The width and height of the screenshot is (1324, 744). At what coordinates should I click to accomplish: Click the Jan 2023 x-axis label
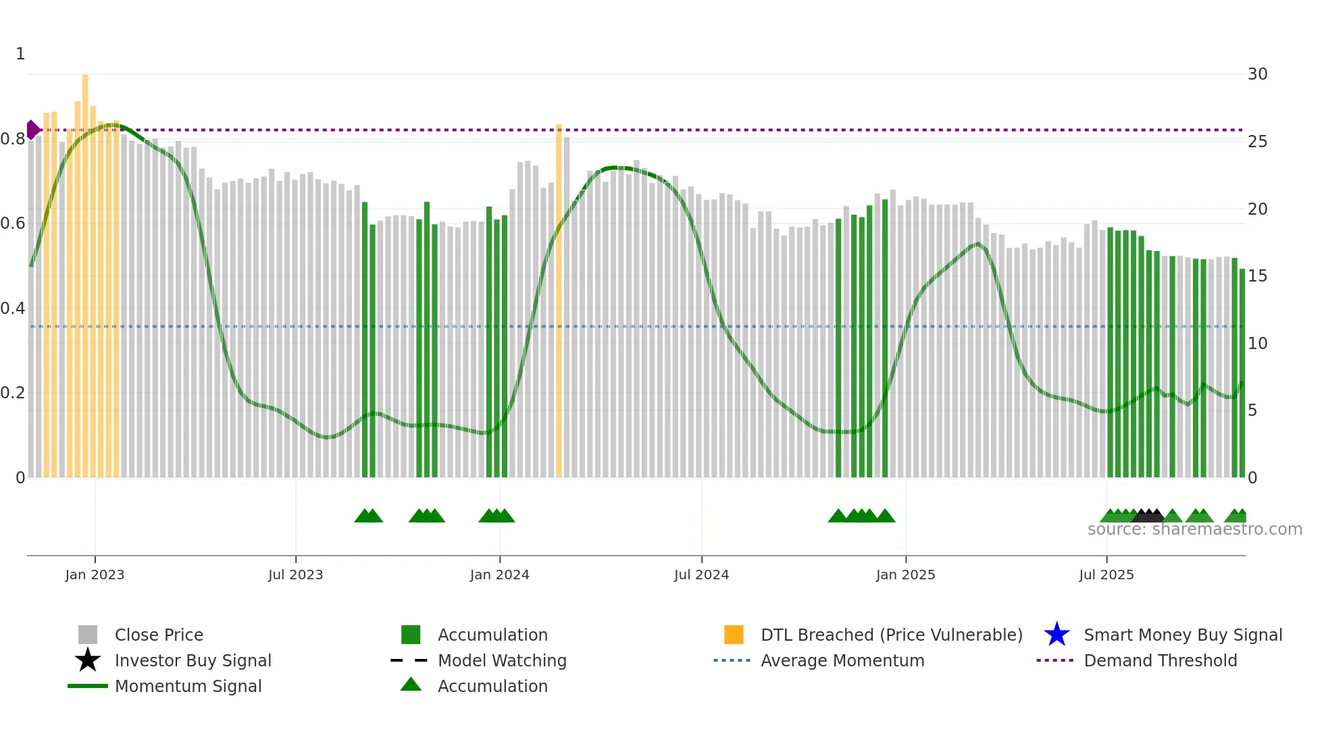click(x=95, y=575)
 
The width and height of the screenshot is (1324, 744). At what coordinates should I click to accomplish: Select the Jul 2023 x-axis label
click(x=295, y=575)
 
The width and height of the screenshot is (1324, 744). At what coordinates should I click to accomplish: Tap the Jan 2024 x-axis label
click(x=499, y=575)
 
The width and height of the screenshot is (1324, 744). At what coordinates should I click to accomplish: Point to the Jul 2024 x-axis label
click(x=701, y=575)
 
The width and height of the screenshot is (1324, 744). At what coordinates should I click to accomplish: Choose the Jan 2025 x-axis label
click(x=905, y=575)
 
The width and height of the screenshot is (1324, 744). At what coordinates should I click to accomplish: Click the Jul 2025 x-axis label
click(x=1106, y=575)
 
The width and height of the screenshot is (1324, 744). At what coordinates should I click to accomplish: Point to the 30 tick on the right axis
click(x=1257, y=74)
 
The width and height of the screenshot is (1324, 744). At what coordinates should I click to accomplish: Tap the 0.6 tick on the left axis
click(x=13, y=223)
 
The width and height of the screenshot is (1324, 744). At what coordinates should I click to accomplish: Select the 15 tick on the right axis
click(x=1257, y=276)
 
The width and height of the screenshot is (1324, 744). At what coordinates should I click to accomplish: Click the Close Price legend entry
click(x=159, y=635)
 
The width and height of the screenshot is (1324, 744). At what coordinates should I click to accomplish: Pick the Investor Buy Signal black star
click(x=88, y=660)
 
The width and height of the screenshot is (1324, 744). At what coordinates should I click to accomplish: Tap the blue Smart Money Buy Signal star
click(x=1056, y=635)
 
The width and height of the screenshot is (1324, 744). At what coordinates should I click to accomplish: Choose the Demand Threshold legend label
click(x=1160, y=660)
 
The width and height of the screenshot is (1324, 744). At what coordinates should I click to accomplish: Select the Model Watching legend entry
click(x=502, y=660)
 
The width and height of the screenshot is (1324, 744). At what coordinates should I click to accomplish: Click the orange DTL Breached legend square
click(x=734, y=635)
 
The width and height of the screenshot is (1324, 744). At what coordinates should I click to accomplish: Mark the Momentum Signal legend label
click(x=188, y=686)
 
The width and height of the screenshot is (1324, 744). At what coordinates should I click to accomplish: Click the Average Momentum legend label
click(x=842, y=660)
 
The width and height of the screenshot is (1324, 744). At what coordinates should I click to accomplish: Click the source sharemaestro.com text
click(x=1194, y=529)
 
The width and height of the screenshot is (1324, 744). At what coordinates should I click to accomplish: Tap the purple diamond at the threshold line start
click(x=32, y=130)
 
